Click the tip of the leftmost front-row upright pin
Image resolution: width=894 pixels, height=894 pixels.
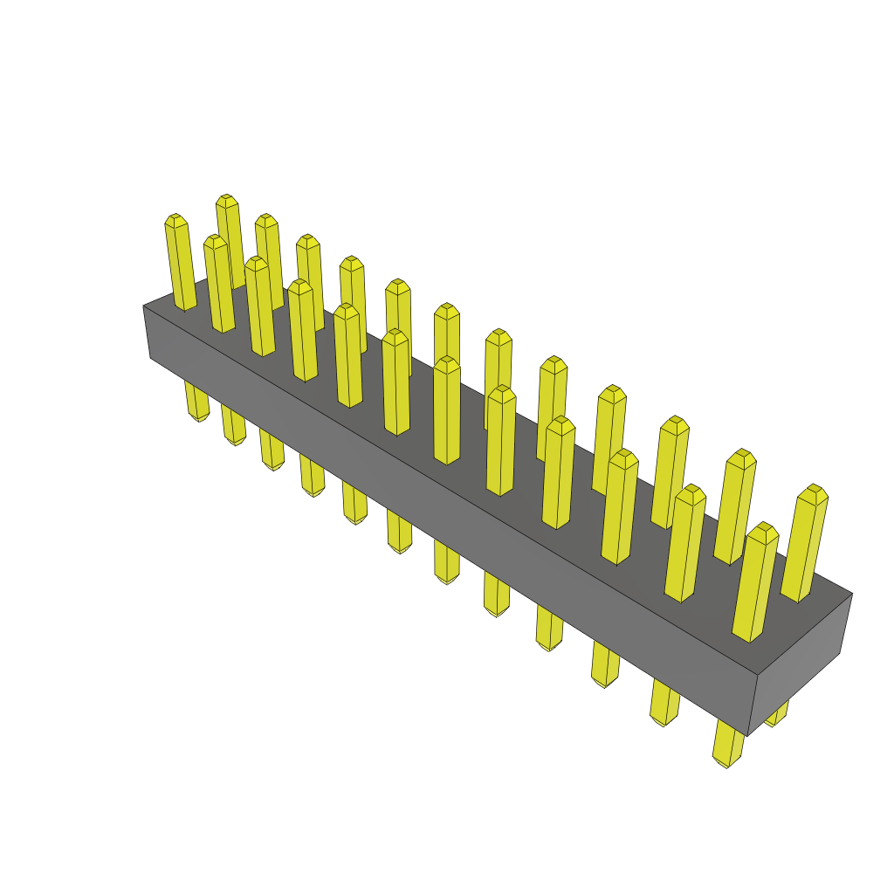pos(175,219)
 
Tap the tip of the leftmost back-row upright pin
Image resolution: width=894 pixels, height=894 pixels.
pos(227,200)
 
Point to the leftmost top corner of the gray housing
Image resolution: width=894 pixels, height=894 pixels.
pos(144,306)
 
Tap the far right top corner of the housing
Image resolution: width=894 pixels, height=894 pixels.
pos(851,594)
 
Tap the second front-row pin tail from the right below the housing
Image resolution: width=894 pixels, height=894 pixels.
pos(664,704)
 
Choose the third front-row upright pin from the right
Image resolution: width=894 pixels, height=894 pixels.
pos(619,507)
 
